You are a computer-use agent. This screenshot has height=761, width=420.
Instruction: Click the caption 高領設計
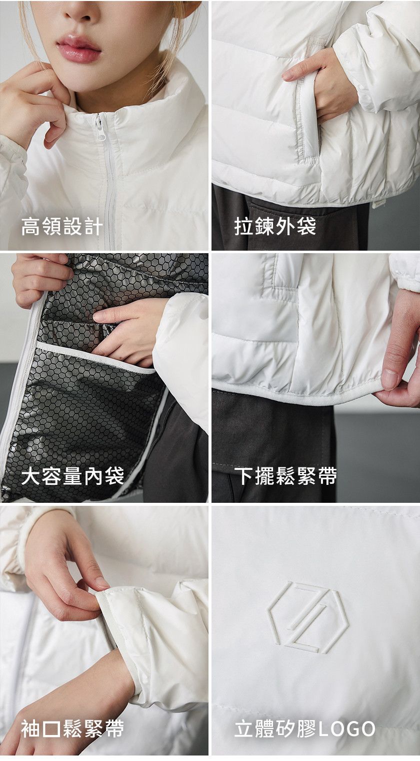pos(62,227)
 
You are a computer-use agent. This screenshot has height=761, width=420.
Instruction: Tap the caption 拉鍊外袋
pos(275,227)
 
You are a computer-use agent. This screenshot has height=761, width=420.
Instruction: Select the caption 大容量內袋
pos(72,476)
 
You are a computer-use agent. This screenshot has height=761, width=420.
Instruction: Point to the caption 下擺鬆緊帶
pos(285,476)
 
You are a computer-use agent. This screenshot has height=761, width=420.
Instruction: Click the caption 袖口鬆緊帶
pos(72,729)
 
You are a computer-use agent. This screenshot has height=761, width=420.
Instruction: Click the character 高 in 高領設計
pos(31,227)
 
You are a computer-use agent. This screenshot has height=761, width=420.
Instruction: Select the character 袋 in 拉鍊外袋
pos(306,227)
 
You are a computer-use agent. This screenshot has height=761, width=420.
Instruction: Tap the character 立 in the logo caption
pos(244,729)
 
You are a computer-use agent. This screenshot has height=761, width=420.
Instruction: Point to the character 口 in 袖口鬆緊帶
pos(51,729)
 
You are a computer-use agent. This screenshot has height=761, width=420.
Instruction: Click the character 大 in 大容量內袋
pos(31,476)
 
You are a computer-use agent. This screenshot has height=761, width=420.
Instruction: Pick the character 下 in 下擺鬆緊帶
pos(244,476)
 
